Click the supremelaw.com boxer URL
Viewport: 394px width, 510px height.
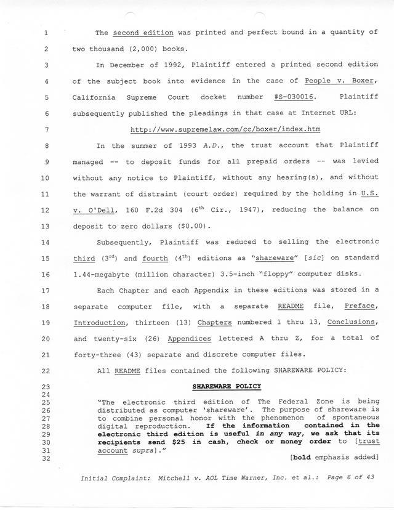tap(225, 129)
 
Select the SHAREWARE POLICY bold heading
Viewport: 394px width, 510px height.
tap(226, 386)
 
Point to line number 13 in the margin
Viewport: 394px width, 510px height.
tap(47, 225)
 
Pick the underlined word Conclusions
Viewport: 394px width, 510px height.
tap(352, 322)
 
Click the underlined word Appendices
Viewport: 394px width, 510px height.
tap(189, 338)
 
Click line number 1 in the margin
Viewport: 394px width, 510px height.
tap(47, 33)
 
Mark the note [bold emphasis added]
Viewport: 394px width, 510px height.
tap(333, 457)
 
